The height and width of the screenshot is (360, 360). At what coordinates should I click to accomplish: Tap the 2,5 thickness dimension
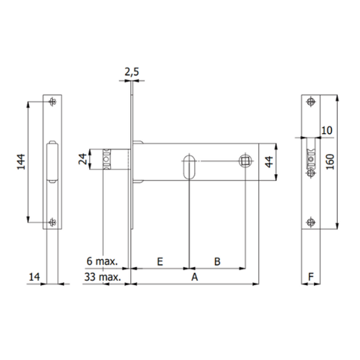132,73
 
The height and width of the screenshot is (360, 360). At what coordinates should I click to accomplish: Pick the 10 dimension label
327,130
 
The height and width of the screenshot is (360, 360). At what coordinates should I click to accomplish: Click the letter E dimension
160,261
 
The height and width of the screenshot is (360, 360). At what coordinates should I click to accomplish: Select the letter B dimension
217,261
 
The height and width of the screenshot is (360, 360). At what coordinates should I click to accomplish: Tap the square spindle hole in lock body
245,161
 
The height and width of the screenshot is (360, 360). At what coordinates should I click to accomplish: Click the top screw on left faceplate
53,100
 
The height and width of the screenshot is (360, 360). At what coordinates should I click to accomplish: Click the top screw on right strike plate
310,101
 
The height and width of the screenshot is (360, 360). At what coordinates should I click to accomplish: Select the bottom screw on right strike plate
310,221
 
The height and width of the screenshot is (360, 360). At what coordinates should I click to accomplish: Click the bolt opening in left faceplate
52,161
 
